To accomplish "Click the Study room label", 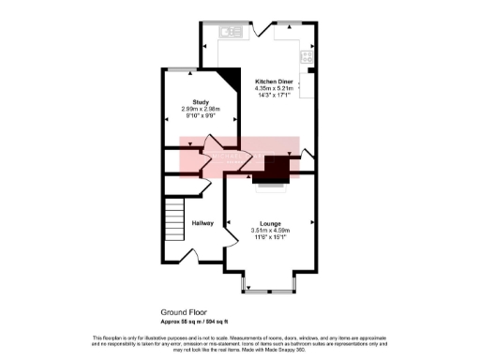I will [200, 101].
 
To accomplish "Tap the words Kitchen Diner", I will [275, 82].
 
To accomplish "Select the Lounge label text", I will [269, 223].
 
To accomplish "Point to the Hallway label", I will [202, 223].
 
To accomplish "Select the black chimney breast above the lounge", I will [277, 169].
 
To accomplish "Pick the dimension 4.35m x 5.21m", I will [275, 89].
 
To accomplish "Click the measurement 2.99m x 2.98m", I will [200, 109].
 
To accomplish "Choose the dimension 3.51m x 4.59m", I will [269, 231].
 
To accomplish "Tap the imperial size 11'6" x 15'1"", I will [269, 237].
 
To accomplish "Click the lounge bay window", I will [269, 285].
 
